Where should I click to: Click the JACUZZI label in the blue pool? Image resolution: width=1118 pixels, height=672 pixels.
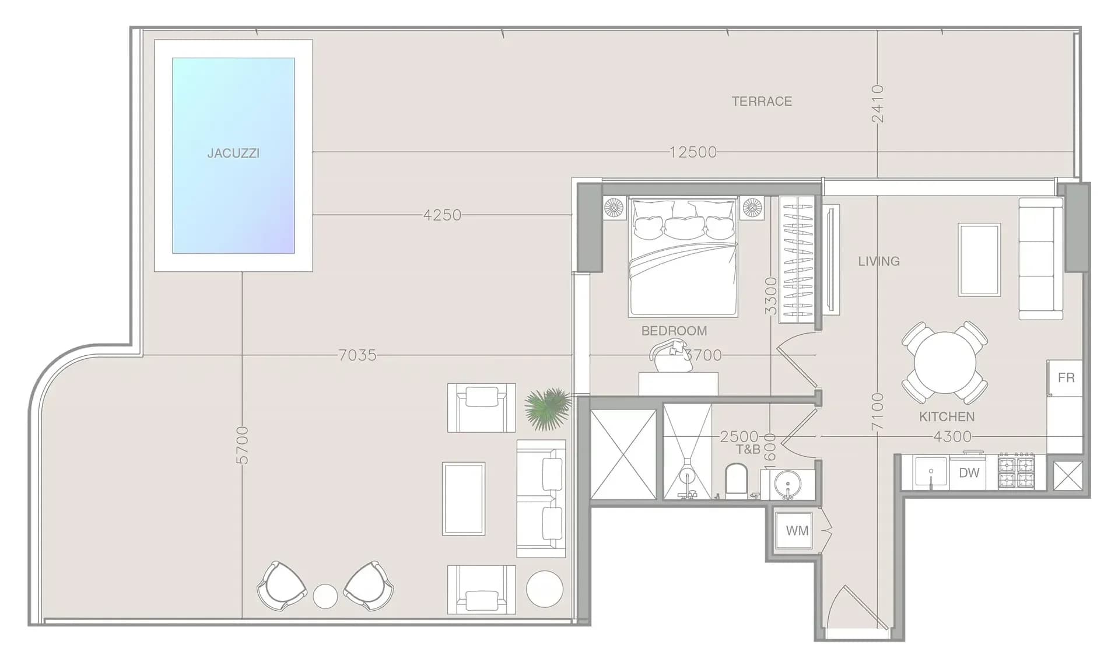point(233,153)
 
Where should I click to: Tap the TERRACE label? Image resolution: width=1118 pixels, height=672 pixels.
point(762,101)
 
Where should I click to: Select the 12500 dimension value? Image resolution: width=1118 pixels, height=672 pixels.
point(693,152)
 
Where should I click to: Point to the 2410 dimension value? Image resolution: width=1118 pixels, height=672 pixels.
point(878,104)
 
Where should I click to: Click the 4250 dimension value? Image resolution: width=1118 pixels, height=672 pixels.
point(442,215)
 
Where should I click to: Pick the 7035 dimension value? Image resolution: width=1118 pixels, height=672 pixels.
point(358,355)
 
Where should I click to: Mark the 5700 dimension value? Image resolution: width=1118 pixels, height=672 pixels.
point(242,445)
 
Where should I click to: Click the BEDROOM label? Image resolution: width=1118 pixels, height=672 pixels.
point(674,331)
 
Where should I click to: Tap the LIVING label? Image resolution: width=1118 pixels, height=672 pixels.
point(879,261)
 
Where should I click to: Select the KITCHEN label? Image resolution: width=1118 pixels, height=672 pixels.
point(947,416)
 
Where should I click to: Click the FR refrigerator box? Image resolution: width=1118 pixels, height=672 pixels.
point(1065,378)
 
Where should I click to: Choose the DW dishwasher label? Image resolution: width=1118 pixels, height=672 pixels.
point(969,473)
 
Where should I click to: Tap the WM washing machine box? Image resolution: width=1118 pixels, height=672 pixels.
point(797,531)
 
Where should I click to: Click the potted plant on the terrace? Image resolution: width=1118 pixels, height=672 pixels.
point(547,408)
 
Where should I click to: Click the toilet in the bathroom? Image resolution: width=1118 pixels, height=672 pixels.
point(737,481)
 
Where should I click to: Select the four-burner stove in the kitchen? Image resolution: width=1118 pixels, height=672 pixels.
point(1017,472)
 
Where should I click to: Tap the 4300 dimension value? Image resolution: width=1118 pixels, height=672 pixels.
point(952,436)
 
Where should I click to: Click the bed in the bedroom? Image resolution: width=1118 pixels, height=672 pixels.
point(683,257)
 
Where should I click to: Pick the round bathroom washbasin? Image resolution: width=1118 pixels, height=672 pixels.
point(787,484)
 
